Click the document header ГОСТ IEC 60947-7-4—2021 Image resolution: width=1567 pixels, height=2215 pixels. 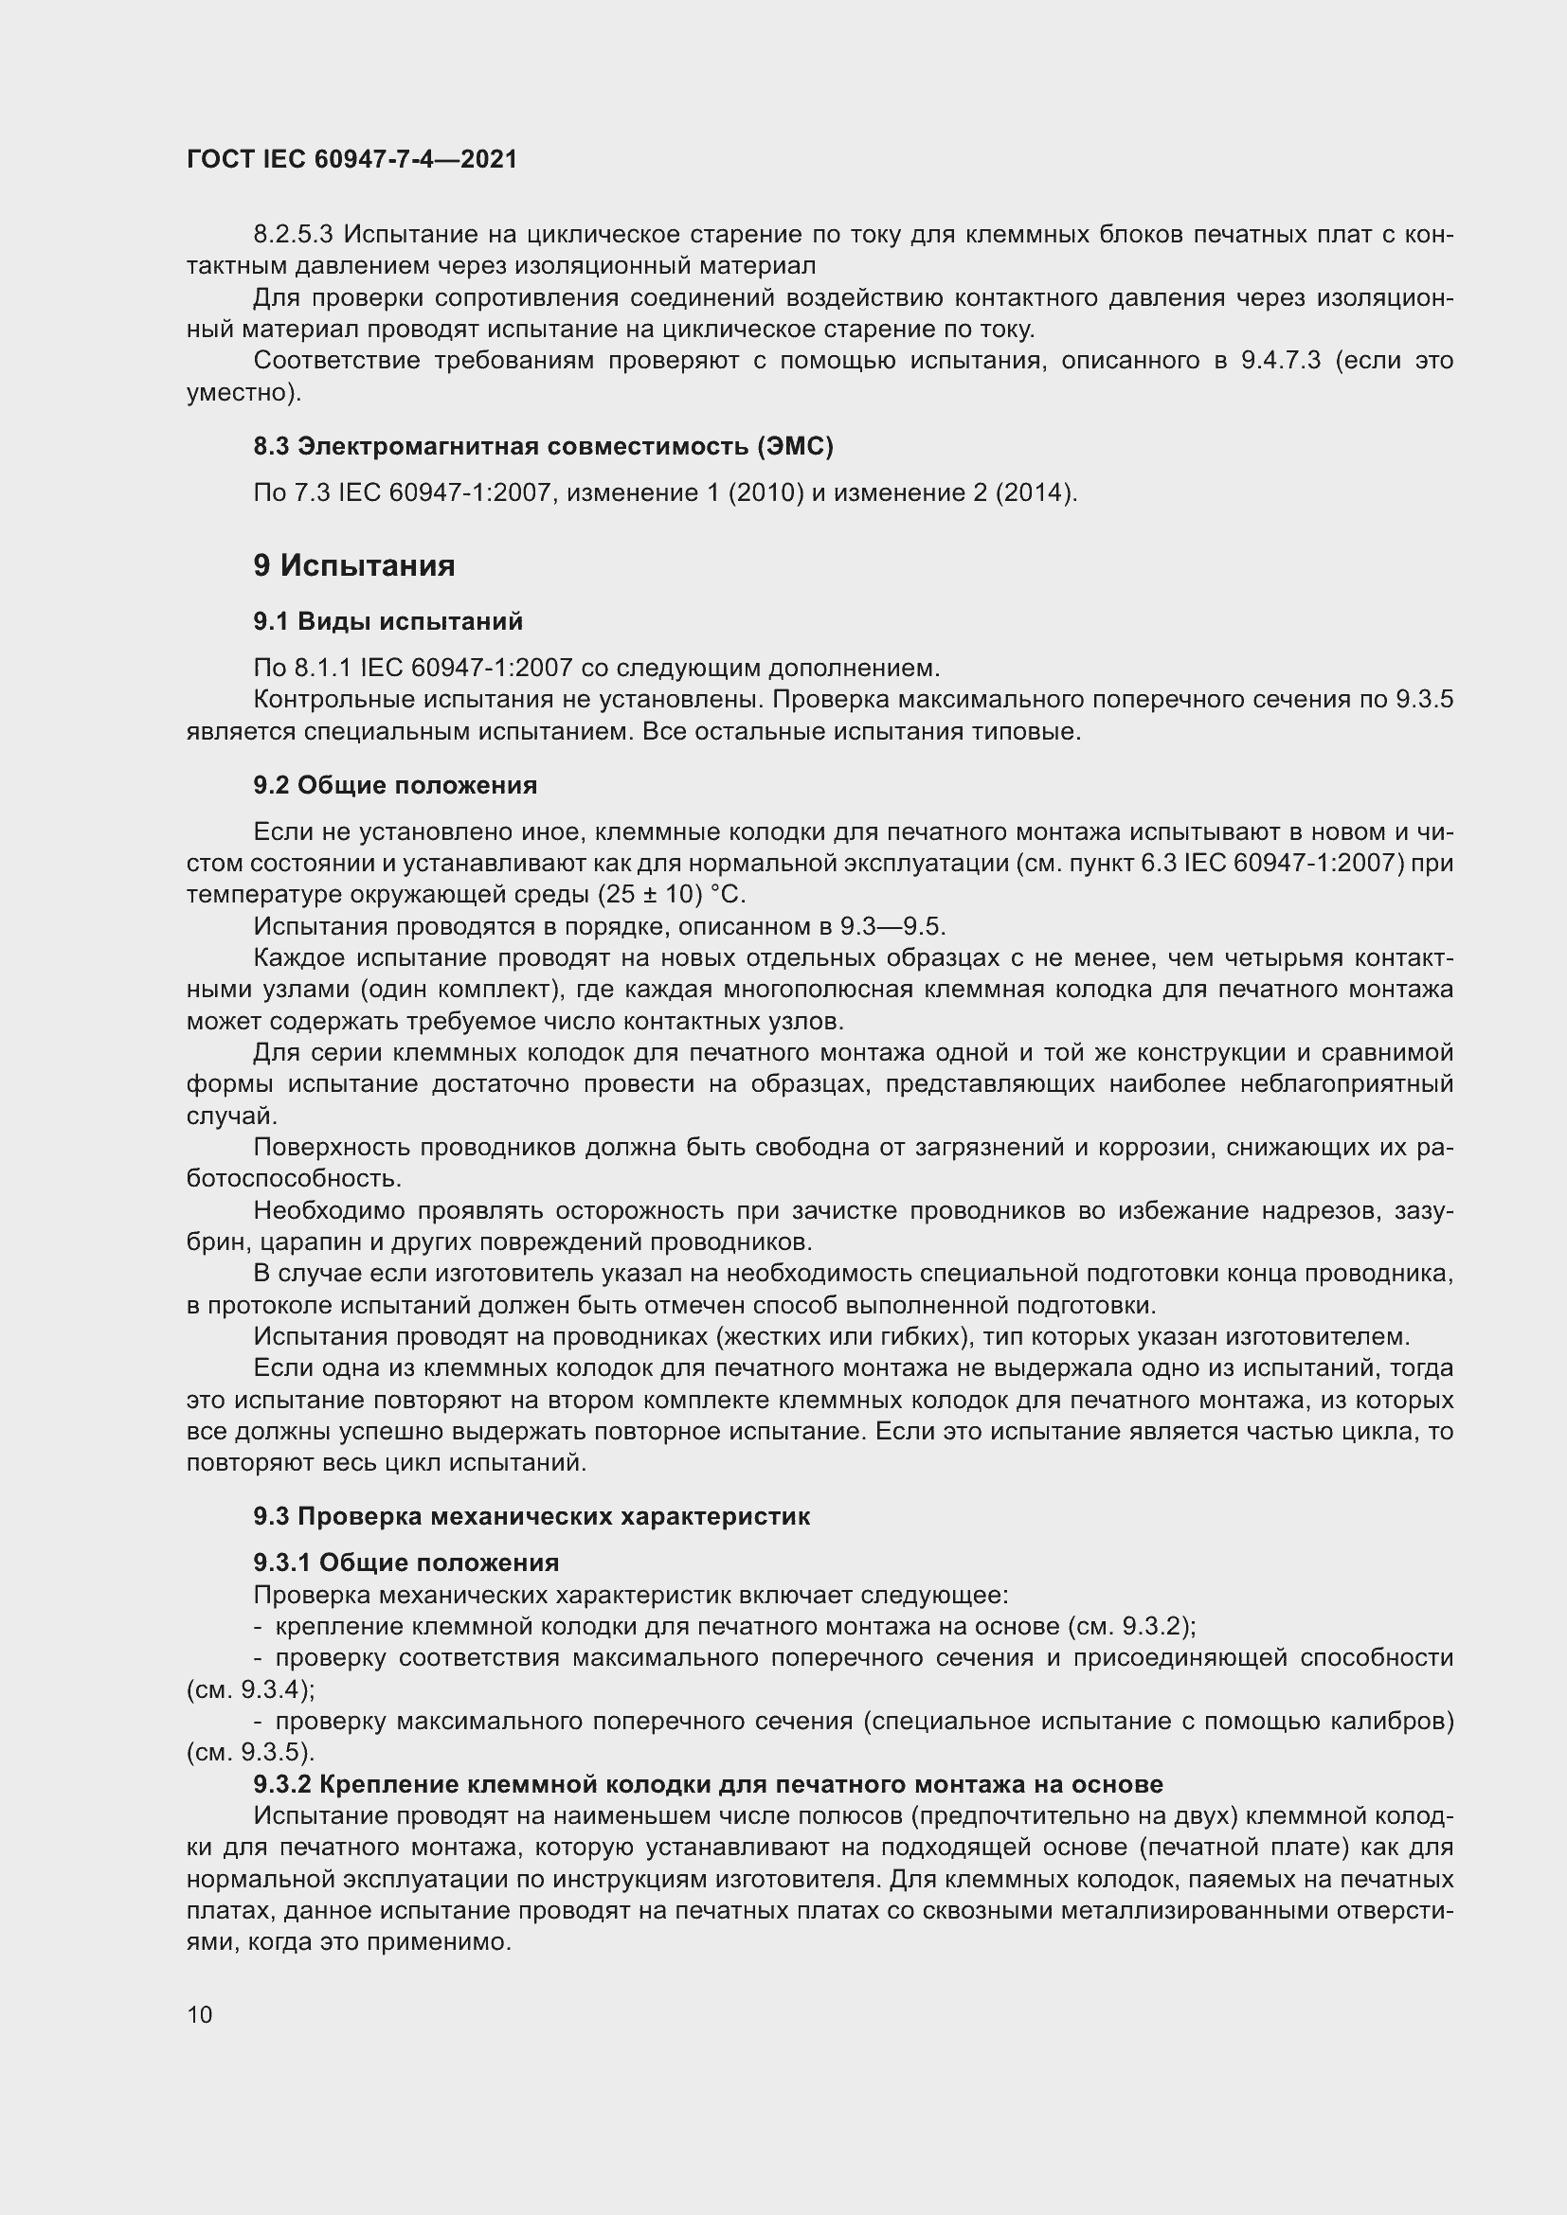coord(351,159)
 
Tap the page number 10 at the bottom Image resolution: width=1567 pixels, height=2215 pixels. coord(200,2014)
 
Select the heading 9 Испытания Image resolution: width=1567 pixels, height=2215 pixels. coord(353,565)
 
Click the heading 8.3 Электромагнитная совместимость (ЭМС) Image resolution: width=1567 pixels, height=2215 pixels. coord(543,446)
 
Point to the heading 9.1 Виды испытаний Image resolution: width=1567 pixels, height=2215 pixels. coord(387,621)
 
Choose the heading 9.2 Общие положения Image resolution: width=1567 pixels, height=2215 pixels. coord(395,785)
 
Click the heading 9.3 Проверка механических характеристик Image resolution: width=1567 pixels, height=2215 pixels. coord(531,1516)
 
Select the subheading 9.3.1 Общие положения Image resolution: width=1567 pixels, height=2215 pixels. coord(406,1563)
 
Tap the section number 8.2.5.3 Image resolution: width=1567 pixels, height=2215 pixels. coord(294,235)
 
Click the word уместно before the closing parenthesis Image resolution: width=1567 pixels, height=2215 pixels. coord(239,393)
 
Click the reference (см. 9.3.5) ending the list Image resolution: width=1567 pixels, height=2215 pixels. coord(249,1752)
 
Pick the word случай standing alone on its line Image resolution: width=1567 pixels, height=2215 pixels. coord(231,1116)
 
